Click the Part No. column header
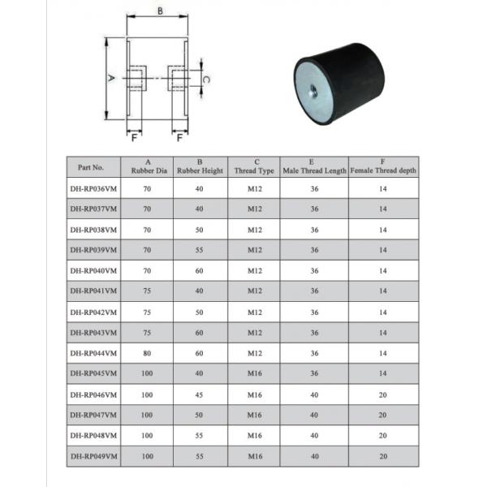point(91,167)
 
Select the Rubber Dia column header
point(148,167)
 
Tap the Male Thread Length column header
point(314,170)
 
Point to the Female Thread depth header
point(384,170)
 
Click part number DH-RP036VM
point(91,187)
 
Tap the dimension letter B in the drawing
point(160,11)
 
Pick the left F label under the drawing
point(134,137)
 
